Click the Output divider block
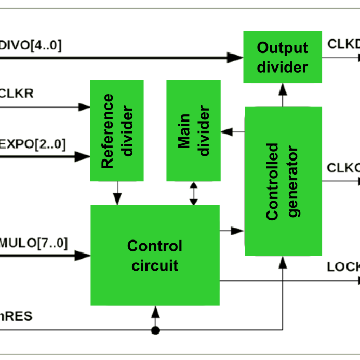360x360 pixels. [x=283, y=57]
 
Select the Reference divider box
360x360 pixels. [x=117, y=131]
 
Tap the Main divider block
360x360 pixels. [x=193, y=131]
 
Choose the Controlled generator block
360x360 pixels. [x=283, y=181]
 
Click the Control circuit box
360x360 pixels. [x=155, y=255]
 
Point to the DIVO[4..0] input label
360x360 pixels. [x=31, y=46]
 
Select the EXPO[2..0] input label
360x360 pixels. [x=33, y=143]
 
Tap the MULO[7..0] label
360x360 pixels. [x=34, y=242]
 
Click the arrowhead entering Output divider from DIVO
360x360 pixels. [x=235, y=57]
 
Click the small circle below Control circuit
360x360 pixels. [x=155, y=330]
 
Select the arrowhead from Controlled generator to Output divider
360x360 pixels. [x=283, y=90]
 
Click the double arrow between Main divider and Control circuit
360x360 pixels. [x=194, y=193]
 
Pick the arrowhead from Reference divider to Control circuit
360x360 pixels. [x=117, y=197]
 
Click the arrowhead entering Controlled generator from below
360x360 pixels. [x=283, y=263]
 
